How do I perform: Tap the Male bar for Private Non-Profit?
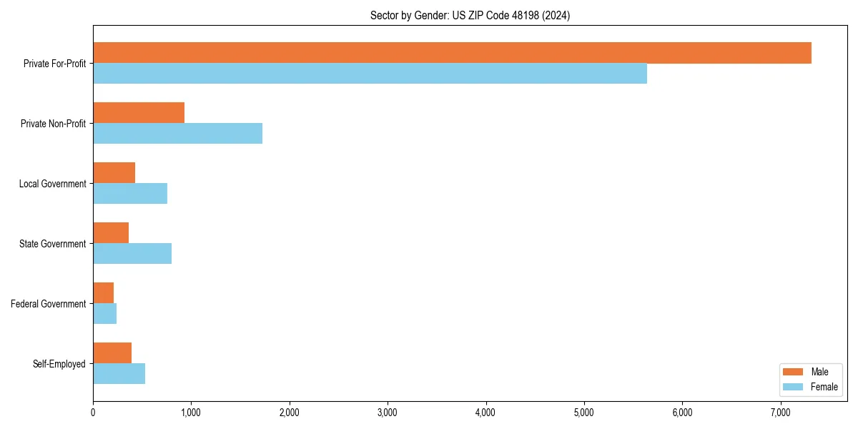pos(139,113)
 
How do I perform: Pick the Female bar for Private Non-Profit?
pos(177,134)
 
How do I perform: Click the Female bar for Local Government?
pos(130,194)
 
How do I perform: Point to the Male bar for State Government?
pos(111,233)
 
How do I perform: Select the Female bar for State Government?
pos(132,254)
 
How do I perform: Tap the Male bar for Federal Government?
pos(104,293)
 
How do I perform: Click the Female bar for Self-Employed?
pos(119,374)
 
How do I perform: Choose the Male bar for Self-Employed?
pos(112,353)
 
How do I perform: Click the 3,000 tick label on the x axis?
pos(388,413)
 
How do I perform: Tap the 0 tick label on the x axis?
pos(93,413)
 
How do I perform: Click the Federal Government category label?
pos(49,304)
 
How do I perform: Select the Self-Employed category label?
pos(59,364)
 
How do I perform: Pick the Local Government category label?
pos(53,184)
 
